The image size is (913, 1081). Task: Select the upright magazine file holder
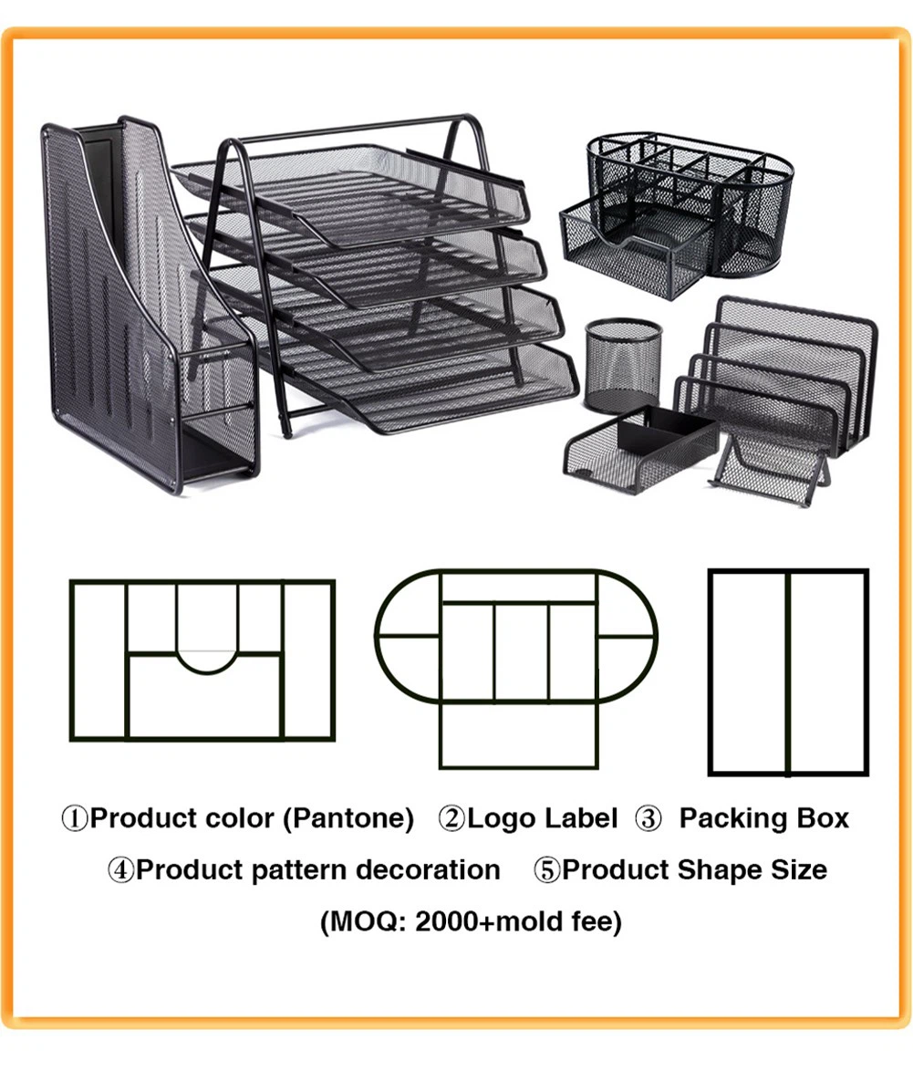pyautogui.click(x=148, y=304)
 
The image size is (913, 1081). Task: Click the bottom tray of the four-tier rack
pyautogui.click(x=413, y=386)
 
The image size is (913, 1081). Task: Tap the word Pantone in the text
pyautogui.click(x=348, y=819)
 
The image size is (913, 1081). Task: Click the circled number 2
pyautogui.click(x=452, y=819)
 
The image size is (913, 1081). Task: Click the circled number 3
pyautogui.click(x=648, y=819)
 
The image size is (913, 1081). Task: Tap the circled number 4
pyautogui.click(x=121, y=870)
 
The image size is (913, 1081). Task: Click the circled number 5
pyautogui.click(x=547, y=870)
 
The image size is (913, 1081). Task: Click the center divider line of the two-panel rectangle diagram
pyautogui.click(x=788, y=672)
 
